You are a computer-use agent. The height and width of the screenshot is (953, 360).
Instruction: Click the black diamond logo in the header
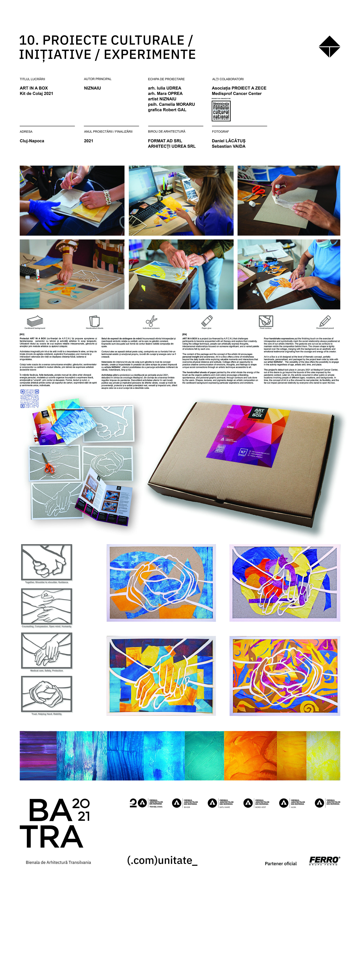329,47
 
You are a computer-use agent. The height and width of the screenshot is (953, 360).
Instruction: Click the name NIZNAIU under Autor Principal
93,88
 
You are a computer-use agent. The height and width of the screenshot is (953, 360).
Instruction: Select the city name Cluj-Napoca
32,141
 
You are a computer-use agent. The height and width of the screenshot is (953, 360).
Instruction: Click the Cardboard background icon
35,321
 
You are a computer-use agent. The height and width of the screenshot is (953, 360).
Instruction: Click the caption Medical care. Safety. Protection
47,670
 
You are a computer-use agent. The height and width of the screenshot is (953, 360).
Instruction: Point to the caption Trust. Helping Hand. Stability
47,714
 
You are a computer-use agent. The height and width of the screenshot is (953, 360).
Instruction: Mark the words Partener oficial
280,864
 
